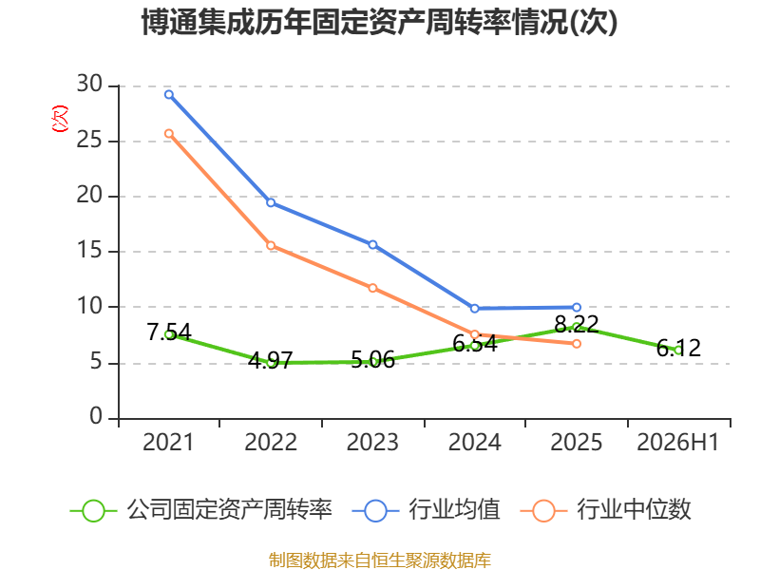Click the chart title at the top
pyautogui.click(x=379, y=22)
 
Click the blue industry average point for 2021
pyautogui.click(x=169, y=94)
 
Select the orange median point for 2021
pyautogui.click(x=169, y=133)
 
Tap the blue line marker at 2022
pyautogui.click(x=271, y=202)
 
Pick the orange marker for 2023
pyautogui.click(x=372, y=288)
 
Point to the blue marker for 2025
pyautogui.click(x=577, y=307)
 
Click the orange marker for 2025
pyautogui.click(x=577, y=344)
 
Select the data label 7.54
pyautogui.click(x=169, y=332)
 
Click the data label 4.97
pyautogui.click(x=271, y=360)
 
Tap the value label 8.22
pyautogui.click(x=577, y=324)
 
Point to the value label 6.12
pyautogui.click(x=678, y=348)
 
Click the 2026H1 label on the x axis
pyautogui.click(x=677, y=442)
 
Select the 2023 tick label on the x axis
pyautogui.click(x=372, y=442)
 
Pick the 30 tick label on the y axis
pyautogui.click(x=89, y=85)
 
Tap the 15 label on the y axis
pyautogui.click(x=89, y=251)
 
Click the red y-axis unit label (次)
pyautogui.click(x=60, y=119)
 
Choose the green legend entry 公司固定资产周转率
pyautogui.click(x=201, y=510)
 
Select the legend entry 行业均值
pyautogui.click(x=426, y=510)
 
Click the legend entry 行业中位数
pyautogui.click(x=605, y=510)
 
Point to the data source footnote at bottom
pyautogui.click(x=380, y=560)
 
